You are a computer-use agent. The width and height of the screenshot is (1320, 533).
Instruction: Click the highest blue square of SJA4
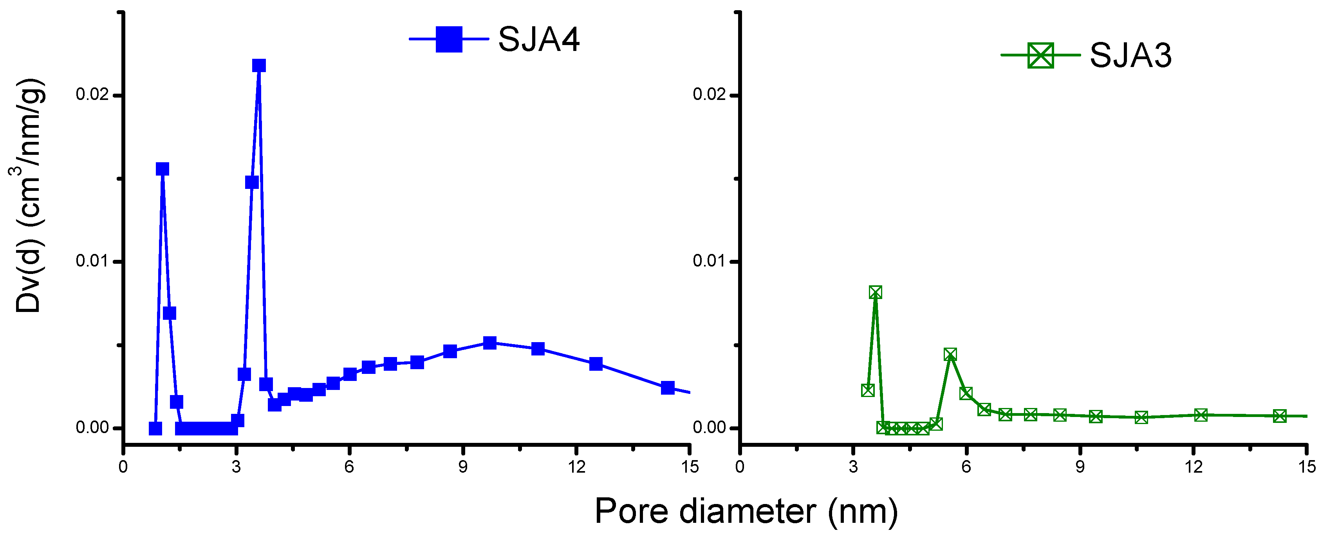pyautogui.click(x=259, y=66)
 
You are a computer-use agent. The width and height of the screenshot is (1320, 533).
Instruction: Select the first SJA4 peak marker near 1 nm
pyautogui.click(x=163, y=169)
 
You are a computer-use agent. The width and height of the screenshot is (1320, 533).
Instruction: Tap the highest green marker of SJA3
pyautogui.click(x=875, y=292)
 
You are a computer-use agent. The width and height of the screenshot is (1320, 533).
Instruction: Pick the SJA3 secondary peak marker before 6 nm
pyautogui.click(x=950, y=354)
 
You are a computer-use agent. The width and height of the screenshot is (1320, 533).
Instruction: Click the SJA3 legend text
pyautogui.click(x=1130, y=55)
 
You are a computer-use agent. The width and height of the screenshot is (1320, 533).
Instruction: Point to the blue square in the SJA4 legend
pyautogui.click(x=448, y=39)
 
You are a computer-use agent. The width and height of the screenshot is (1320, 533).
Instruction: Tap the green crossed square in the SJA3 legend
pyautogui.click(x=1040, y=55)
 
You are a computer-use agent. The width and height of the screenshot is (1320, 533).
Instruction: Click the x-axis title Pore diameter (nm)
pyautogui.click(x=746, y=511)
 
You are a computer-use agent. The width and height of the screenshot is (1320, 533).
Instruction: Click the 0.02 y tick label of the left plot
pyautogui.click(x=92, y=95)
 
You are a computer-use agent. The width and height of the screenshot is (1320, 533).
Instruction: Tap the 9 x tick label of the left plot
pyautogui.click(x=463, y=467)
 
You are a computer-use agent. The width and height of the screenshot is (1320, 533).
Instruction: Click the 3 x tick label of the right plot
pyautogui.click(x=853, y=467)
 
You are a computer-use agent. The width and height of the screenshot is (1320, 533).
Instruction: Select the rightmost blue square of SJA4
pyautogui.click(x=667, y=388)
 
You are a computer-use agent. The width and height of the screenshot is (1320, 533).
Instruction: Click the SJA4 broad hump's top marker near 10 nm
pyautogui.click(x=490, y=343)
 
